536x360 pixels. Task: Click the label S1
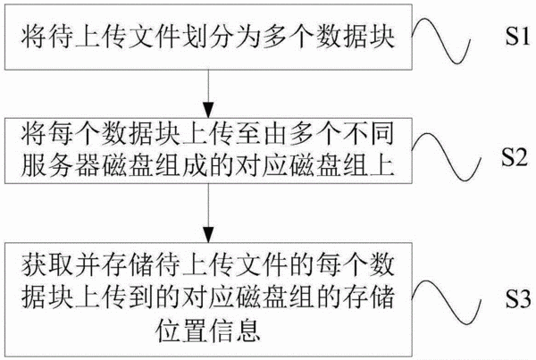click(x=517, y=37)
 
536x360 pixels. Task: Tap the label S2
click(x=515, y=157)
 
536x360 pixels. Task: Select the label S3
click(x=518, y=298)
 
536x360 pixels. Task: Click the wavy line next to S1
click(x=441, y=40)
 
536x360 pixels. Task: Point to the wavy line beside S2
click(x=447, y=157)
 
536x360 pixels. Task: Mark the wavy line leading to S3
click(x=447, y=303)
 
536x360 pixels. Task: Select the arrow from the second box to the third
click(x=208, y=213)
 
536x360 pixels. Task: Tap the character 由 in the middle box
click(x=275, y=133)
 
